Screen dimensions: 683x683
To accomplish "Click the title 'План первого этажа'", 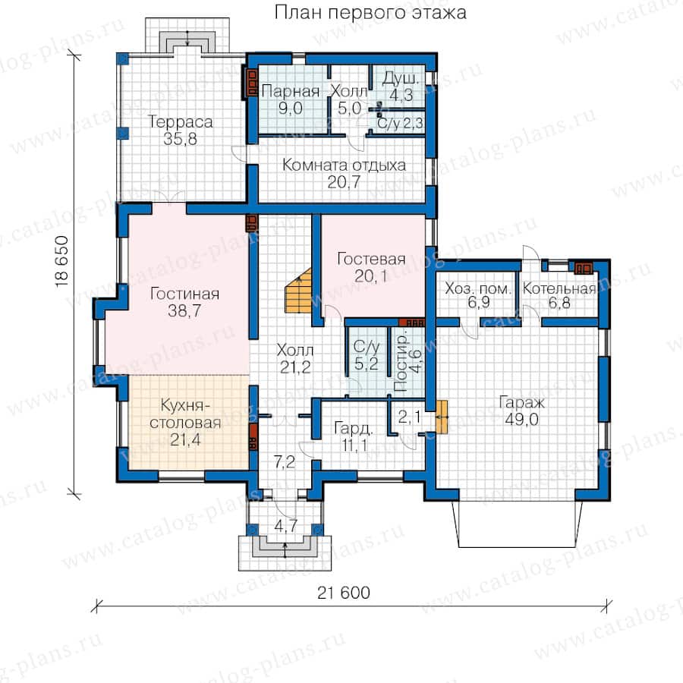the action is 370,13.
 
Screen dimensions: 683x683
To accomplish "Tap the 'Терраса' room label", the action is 181,122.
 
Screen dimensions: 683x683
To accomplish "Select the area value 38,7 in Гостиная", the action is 184,311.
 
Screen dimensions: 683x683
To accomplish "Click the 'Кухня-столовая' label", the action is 185,414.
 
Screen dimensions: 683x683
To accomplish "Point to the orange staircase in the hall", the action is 299,291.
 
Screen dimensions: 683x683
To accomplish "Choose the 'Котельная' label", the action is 559,288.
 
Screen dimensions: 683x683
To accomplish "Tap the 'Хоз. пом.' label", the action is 478,288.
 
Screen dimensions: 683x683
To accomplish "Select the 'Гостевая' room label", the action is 371,259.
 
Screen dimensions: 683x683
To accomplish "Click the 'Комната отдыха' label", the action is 344,165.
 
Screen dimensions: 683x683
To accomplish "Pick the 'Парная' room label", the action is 291,92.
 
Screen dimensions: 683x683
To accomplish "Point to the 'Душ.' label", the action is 401,79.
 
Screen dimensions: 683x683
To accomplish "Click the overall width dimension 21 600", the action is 344,593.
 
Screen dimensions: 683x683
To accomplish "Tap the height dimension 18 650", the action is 62,261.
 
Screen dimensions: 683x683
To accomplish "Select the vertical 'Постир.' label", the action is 400,364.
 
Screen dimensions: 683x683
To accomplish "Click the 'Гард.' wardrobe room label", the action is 353,429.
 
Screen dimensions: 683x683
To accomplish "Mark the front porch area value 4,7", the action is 285,526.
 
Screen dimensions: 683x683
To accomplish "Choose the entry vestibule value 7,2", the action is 284,462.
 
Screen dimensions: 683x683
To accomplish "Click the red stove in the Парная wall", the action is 252,83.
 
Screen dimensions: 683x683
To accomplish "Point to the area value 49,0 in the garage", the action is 522,420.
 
